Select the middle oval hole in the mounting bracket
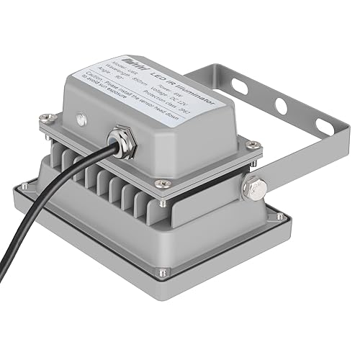click(x=280, y=107)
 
